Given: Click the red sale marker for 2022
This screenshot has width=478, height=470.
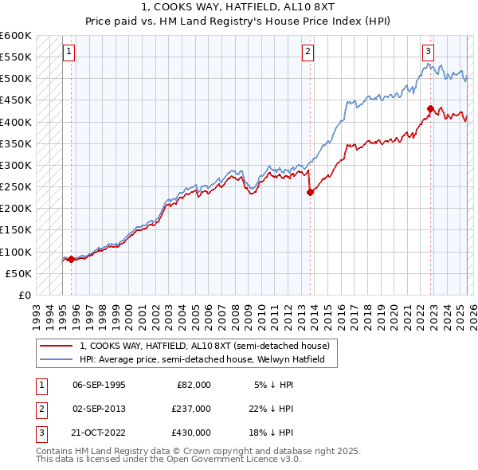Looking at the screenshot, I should (x=430, y=108).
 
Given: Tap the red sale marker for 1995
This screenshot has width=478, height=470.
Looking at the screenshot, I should (x=71, y=259).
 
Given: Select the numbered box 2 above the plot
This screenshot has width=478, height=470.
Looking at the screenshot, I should (x=308, y=52).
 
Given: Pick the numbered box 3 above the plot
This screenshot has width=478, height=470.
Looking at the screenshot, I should (x=429, y=52).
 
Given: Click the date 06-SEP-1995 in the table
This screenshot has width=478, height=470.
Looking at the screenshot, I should (x=99, y=385).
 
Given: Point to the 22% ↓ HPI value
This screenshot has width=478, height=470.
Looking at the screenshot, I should (x=272, y=409).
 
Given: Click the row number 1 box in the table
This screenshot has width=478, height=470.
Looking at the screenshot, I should (x=41, y=385).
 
